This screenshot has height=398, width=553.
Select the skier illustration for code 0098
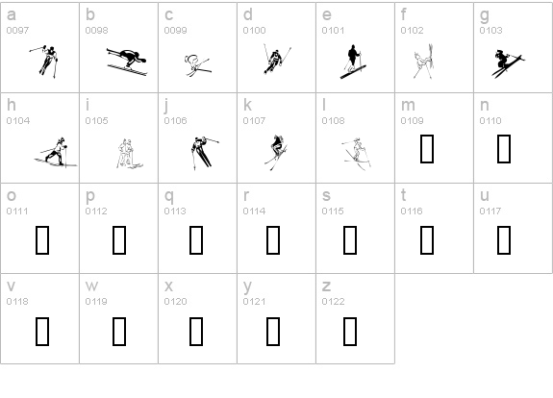click(x=127, y=62)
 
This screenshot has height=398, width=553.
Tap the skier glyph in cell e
click(x=353, y=61)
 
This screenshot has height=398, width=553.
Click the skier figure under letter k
click(x=277, y=149)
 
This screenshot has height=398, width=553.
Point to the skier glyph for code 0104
click(x=52, y=151)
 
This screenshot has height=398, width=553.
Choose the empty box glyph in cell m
click(x=427, y=148)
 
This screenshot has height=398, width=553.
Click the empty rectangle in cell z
click(x=348, y=330)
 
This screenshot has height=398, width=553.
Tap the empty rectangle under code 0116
click(x=427, y=238)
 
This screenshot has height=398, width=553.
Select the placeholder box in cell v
click(x=42, y=330)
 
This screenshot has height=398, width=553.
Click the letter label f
click(x=404, y=14)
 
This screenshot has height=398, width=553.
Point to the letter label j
click(x=166, y=105)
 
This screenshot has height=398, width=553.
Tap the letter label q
click(x=168, y=196)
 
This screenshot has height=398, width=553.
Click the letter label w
click(x=91, y=286)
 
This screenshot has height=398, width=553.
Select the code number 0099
click(x=175, y=31)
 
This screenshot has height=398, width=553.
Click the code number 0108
click(x=333, y=121)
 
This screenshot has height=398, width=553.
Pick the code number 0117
click(x=490, y=211)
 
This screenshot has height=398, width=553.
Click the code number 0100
click(x=254, y=31)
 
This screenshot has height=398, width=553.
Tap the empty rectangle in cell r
click(x=272, y=238)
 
